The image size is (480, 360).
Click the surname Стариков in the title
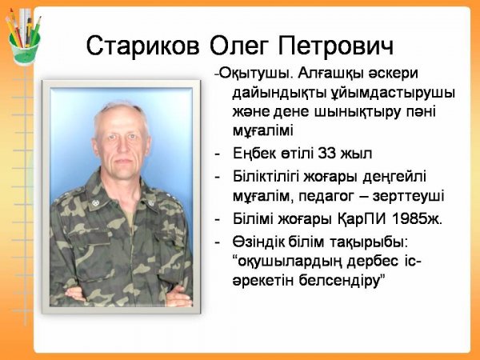tap(142, 46)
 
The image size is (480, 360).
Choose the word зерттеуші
tap(408, 196)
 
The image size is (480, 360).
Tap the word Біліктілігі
tap(266, 177)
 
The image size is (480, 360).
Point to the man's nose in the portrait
tap(122, 147)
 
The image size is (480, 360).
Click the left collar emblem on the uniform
tap(95, 202)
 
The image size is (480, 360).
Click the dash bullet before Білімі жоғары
tap(218, 219)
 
